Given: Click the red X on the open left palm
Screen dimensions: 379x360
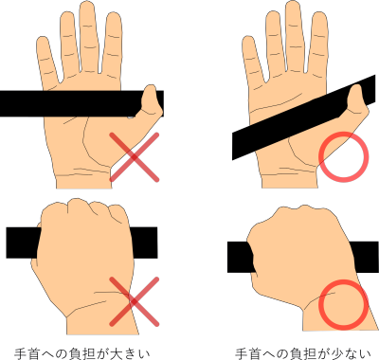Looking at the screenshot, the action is coord(135,157).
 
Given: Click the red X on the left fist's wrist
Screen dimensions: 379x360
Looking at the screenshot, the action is coord(135,301).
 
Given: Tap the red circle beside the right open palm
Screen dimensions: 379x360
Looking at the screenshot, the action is coord(343,157).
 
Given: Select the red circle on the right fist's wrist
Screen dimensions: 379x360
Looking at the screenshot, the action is coord(343,304).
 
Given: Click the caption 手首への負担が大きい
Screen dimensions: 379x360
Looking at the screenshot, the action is coord(82,353).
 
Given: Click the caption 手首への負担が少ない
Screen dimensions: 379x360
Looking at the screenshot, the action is coord(303,353).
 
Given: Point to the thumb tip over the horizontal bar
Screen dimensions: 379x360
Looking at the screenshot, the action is coord(150,88).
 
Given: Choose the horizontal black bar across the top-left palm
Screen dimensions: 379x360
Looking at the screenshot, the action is coord(81,103).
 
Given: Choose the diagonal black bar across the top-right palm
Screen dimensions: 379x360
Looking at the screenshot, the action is coord(303,117).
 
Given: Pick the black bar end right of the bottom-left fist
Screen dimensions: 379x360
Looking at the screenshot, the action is coord(144,243).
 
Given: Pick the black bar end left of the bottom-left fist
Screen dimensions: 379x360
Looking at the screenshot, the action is coord(23,243).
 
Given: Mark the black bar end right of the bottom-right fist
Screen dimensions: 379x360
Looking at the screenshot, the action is coord(365,257).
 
